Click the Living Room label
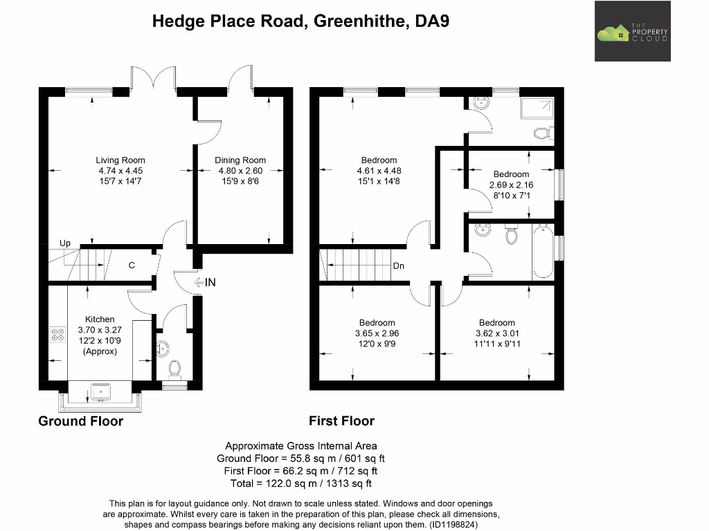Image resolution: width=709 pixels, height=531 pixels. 120,160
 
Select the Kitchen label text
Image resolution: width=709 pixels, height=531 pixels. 100,319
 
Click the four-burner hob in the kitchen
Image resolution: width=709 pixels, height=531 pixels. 56,335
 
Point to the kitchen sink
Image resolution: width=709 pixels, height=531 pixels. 101,392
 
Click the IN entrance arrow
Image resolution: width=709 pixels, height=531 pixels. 206,282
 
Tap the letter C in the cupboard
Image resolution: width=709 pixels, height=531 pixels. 131,265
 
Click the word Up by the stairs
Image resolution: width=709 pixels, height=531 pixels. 65,243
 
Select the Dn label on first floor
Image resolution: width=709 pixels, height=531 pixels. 398,266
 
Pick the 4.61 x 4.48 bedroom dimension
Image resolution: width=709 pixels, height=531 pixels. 379,171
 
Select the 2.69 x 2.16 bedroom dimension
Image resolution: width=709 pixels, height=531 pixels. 511,185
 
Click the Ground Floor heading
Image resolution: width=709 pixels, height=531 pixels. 80,421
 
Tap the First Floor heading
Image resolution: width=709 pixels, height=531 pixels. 341,421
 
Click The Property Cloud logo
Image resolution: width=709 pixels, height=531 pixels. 632,31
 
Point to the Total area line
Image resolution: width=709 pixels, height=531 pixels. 301,483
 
